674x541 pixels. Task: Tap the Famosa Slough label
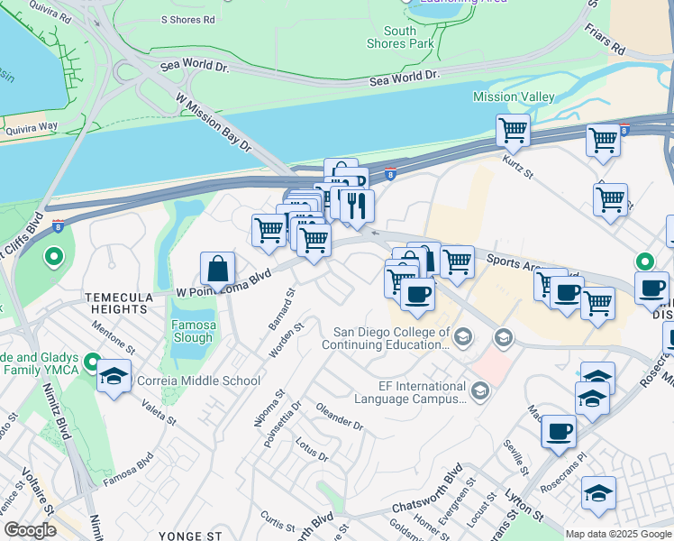coord(193,331)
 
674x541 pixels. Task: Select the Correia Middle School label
coord(198,381)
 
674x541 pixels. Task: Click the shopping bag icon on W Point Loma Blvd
coord(217,270)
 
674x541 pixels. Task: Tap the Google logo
coord(30,530)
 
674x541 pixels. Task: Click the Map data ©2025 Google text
coord(618,534)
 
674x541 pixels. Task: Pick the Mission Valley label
coord(515,96)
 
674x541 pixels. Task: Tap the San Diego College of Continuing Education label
coord(392,337)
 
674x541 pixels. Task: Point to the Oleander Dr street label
coord(339,417)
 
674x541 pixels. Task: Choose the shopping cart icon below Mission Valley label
coord(513,131)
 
